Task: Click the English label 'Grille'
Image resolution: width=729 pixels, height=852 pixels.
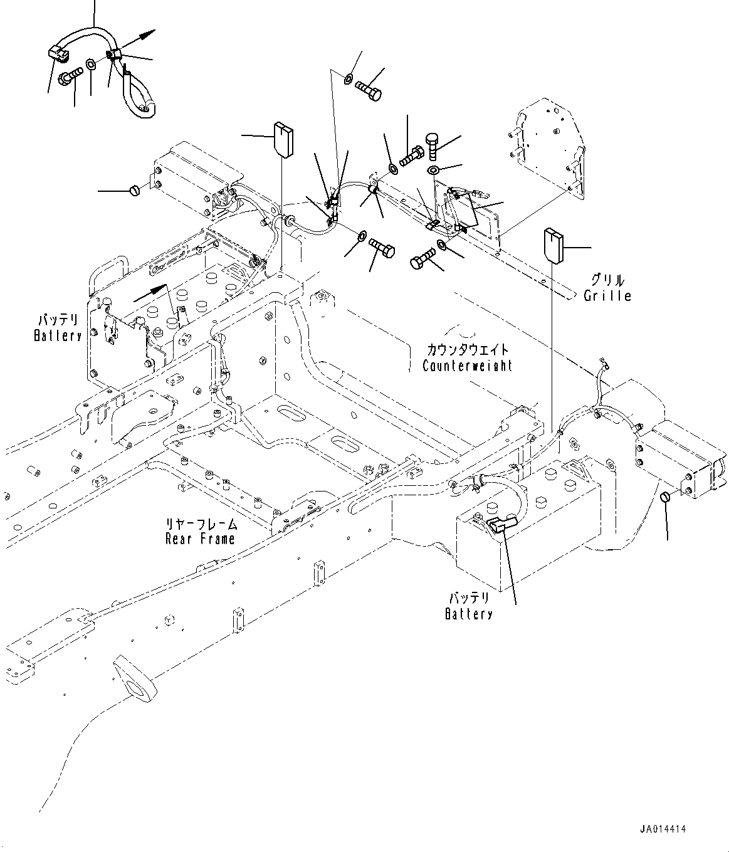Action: pyautogui.click(x=607, y=295)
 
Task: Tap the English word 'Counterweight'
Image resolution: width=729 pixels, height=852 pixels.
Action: pyautogui.click(x=467, y=366)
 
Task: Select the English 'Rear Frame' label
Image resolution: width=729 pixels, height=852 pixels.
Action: pyautogui.click(x=200, y=539)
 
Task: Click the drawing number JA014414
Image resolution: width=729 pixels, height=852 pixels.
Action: pyautogui.click(x=663, y=829)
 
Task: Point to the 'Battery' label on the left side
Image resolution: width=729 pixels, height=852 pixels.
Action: pyautogui.click(x=58, y=336)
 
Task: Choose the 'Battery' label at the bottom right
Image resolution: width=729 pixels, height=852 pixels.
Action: pyautogui.click(x=469, y=614)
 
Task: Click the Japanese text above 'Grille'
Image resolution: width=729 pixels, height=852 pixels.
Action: pyautogui.click(x=607, y=280)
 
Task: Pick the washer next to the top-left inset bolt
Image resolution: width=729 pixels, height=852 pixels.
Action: pyautogui.click(x=92, y=65)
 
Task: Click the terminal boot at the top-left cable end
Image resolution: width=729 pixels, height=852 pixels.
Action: pyautogui.click(x=58, y=55)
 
